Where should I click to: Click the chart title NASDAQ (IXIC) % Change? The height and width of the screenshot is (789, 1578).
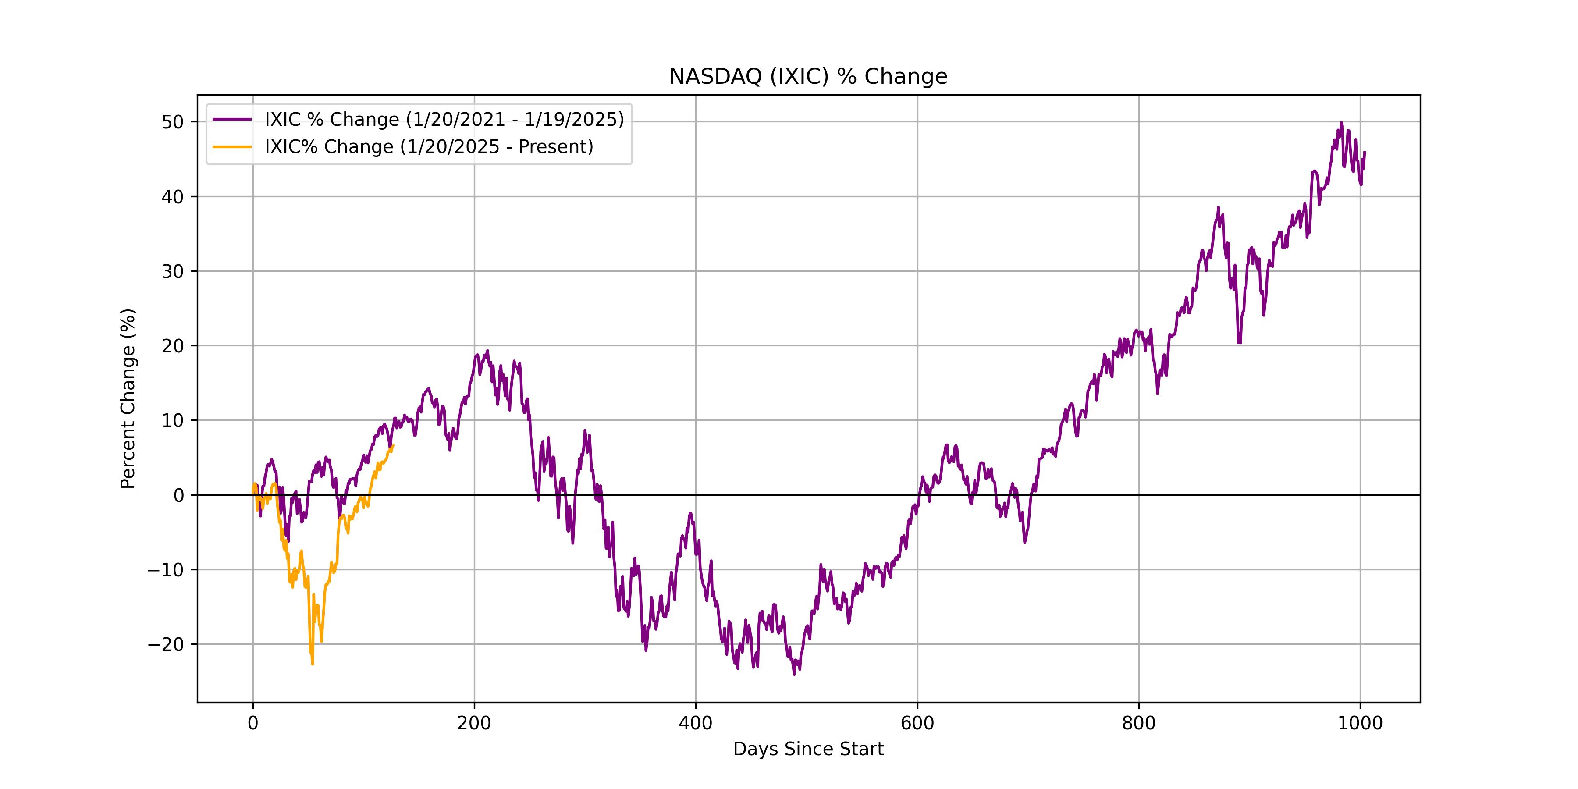[x=808, y=77]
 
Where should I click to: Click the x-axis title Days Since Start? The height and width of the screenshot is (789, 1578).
[x=808, y=749]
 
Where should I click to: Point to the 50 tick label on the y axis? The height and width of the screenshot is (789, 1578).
[x=173, y=122]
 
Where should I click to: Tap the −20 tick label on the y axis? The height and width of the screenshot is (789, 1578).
[x=165, y=644]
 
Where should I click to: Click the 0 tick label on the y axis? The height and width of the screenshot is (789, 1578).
[x=179, y=495]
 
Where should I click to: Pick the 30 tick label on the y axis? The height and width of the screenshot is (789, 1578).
[x=173, y=271]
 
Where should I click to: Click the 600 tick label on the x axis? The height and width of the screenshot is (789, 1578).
[x=917, y=723]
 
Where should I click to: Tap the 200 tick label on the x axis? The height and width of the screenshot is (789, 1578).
[x=474, y=723]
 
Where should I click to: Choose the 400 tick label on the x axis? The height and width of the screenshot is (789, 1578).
[x=696, y=723]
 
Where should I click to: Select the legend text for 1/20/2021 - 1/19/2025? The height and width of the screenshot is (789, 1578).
[x=444, y=120]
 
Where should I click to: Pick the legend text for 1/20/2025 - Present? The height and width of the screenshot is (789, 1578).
[x=429, y=147]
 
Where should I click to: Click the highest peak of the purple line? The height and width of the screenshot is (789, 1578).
[x=1341, y=123]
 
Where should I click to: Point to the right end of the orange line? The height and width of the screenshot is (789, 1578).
[x=394, y=445]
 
